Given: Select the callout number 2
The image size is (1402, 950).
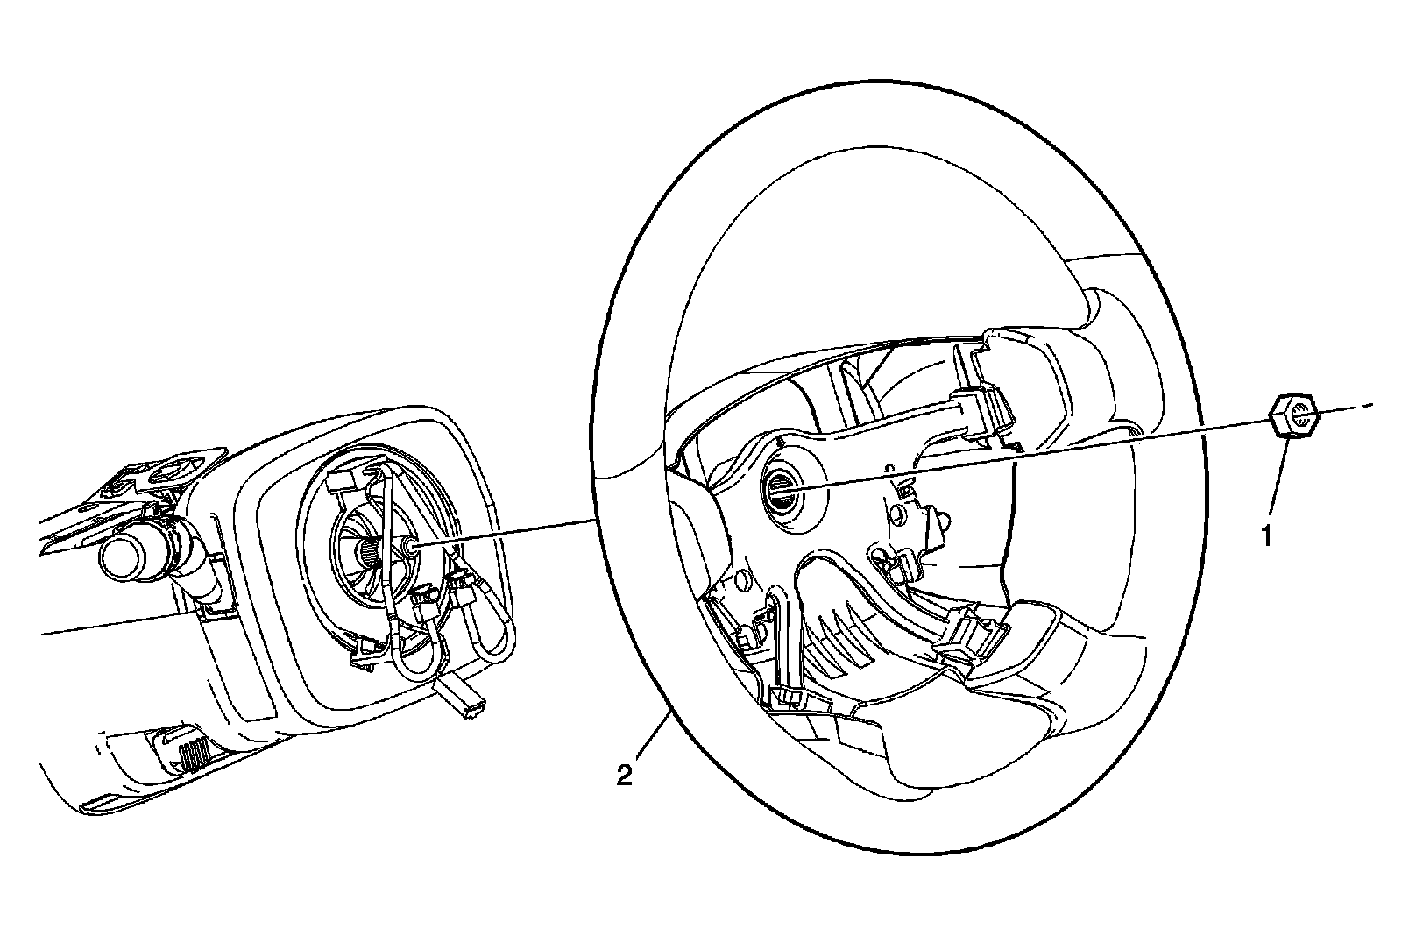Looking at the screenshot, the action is click(x=624, y=775).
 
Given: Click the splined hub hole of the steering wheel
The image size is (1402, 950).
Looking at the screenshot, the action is click(x=780, y=486).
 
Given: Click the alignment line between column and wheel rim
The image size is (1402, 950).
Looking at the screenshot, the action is click(x=508, y=534).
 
